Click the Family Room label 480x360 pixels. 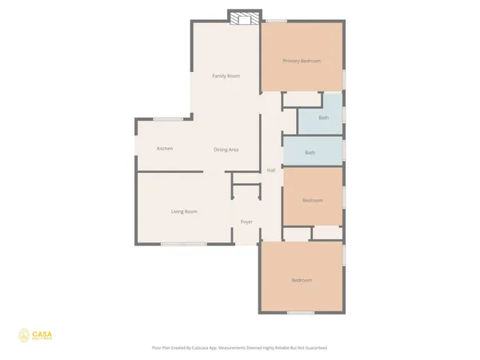[226, 76]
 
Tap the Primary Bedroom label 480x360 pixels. [302, 61]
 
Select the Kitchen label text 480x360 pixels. [165, 149]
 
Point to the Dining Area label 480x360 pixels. [226, 150]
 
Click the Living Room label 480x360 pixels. [184, 211]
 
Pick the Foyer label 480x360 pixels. [246, 222]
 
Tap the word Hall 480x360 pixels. [271, 170]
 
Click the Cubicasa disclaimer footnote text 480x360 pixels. [239, 348]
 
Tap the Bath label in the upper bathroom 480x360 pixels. [323, 118]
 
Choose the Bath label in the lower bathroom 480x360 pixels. [310, 153]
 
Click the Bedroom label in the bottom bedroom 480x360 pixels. [301, 280]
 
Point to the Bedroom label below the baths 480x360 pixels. [313, 200]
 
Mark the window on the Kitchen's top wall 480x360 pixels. [167, 119]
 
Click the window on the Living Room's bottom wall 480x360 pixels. [183, 243]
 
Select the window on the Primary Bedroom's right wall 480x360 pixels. [345, 79]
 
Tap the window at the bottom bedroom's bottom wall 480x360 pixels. [300, 312]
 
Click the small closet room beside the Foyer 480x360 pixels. [246, 193]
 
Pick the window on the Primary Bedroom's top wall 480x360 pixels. [277, 21]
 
